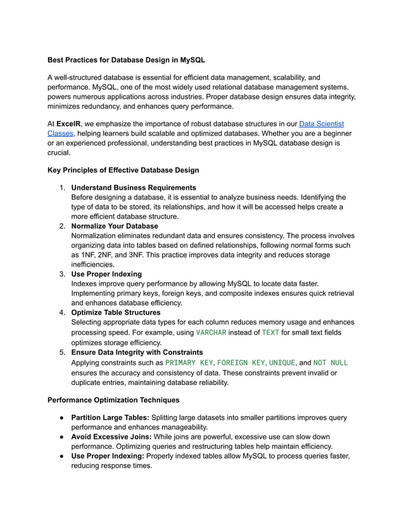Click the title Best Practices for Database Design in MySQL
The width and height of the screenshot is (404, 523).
pos(126,60)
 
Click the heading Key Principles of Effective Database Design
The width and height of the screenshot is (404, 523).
pos(123,170)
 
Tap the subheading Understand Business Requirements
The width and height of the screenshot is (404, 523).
pos(133,187)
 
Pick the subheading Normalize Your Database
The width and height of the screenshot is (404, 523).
pos(115,225)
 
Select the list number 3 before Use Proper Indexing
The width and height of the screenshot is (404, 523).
pos(62,274)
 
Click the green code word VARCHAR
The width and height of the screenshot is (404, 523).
pos(211,332)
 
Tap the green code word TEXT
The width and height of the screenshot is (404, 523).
pos(270,332)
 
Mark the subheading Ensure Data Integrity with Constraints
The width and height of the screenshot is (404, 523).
pos(137,352)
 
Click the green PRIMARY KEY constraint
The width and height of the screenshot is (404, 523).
pos(189,363)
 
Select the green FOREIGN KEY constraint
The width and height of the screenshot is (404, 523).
pos(241,363)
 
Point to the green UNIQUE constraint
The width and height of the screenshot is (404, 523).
pos(282,363)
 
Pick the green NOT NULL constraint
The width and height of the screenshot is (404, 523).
pos(331,363)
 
